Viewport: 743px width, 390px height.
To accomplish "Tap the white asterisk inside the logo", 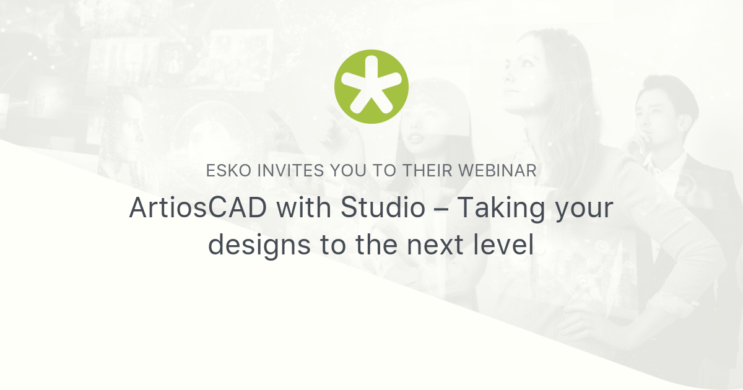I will (371, 87).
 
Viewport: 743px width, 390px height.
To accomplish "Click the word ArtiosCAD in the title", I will (198, 209).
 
